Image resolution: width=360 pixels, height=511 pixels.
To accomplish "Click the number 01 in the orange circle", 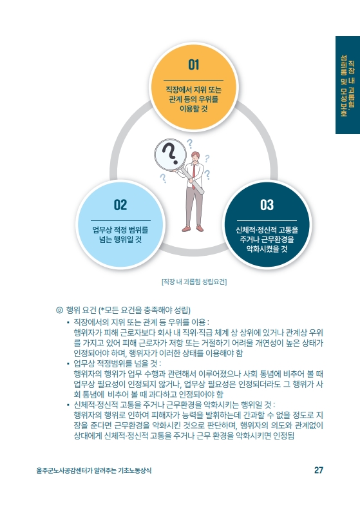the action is (193, 65).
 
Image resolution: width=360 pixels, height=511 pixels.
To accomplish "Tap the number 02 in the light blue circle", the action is (120, 205).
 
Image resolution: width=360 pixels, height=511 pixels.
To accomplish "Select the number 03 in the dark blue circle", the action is (267, 205).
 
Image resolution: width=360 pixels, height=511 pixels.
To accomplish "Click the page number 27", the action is (319, 470).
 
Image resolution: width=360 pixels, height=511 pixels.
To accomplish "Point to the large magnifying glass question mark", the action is (170, 154).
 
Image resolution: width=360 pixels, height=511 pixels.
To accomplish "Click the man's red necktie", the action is (194, 176).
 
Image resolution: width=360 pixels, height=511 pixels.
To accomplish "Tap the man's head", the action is (195, 157).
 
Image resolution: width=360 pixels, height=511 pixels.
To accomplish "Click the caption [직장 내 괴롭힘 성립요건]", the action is (194, 282).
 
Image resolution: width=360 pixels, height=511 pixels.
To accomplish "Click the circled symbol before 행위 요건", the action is (59, 310).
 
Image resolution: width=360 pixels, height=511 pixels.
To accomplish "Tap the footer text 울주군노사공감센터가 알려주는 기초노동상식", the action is (94, 470).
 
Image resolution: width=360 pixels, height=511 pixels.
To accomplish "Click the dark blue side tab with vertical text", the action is (348, 85).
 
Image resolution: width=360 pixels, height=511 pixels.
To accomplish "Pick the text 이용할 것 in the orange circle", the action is (193, 108).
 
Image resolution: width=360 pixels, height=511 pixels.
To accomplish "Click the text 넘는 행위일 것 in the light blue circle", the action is (120, 240).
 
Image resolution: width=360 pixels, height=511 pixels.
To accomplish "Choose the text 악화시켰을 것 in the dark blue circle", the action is (267, 249).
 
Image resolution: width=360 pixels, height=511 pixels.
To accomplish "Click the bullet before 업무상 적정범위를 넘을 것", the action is (68, 363).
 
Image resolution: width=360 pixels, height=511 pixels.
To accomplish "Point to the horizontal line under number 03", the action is (267, 220).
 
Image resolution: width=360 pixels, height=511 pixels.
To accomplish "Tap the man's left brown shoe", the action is (186, 229).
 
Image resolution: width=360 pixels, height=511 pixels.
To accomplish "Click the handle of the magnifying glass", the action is (193, 182).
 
